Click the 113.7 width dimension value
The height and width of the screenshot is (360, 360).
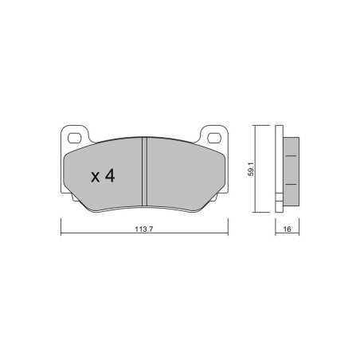[x=144, y=229]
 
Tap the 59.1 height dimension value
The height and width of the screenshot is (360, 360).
[x=252, y=169]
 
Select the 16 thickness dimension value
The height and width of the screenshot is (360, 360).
[x=288, y=229]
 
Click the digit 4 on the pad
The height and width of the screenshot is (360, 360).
[x=109, y=175]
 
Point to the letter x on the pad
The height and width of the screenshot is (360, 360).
[x=95, y=177]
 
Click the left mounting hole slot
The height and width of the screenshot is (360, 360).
[x=74, y=138]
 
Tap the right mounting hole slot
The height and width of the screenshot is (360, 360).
[x=214, y=138]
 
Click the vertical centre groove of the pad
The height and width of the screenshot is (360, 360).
[x=144, y=171]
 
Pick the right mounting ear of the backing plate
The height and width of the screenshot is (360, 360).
[x=213, y=135]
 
